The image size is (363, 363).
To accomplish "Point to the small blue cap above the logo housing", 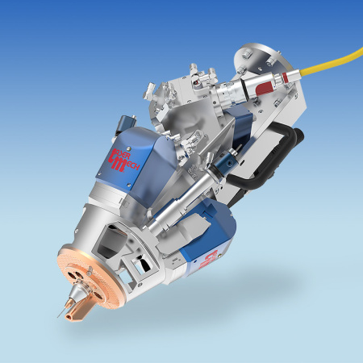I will click(x=120, y=122).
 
